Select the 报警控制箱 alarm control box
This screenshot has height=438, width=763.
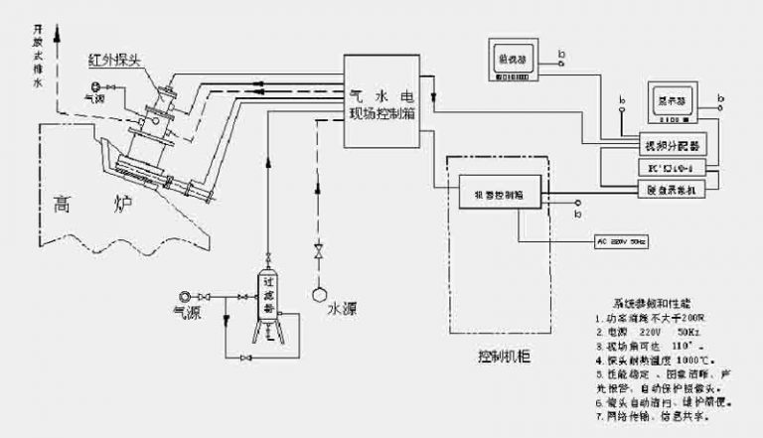click(499, 197)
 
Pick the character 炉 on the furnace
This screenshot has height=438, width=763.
click(123, 206)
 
